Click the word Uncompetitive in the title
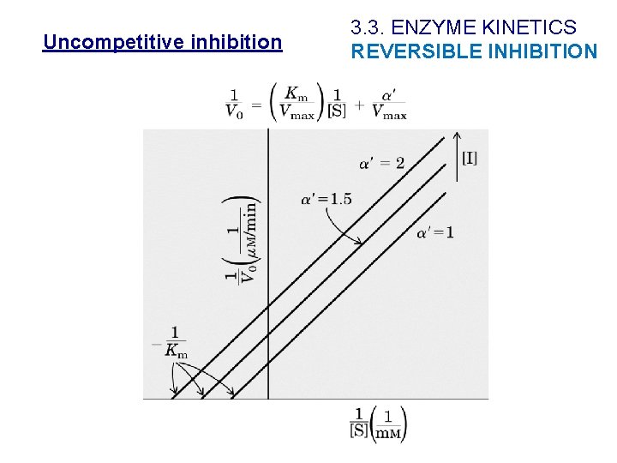(101, 42)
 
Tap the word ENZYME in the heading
(437, 28)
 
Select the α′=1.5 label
(326, 200)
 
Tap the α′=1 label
(435, 232)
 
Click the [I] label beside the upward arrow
(470, 158)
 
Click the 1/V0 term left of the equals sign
(233, 102)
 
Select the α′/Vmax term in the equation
(389, 102)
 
